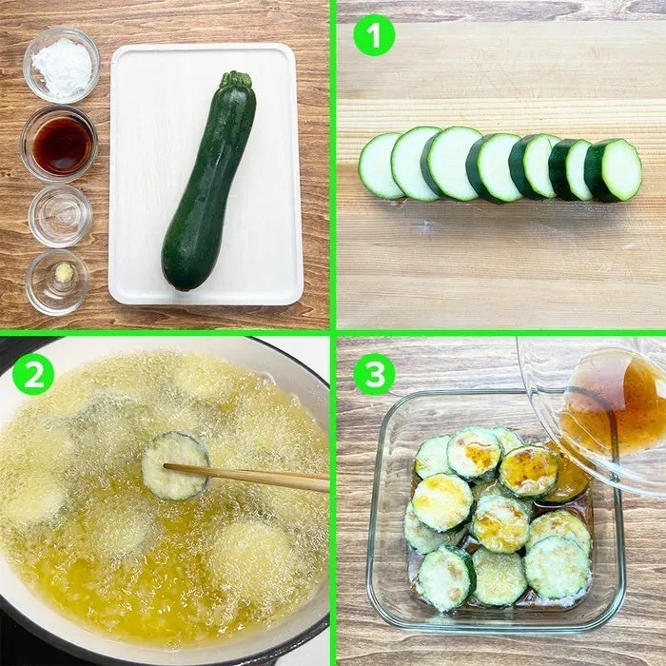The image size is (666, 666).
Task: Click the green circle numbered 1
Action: click(374, 35)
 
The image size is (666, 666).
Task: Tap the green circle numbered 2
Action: click(33, 374)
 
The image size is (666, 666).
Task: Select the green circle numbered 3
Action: click(374, 374)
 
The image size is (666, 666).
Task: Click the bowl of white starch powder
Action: click(62, 65)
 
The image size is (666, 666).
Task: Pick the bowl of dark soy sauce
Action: click(59, 144)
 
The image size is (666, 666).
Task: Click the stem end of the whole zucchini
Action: click(235, 79)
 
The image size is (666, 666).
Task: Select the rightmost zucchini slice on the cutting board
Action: click(614, 169)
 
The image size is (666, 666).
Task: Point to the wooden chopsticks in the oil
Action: click(246, 477)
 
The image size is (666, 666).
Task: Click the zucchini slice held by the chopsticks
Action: click(175, 465)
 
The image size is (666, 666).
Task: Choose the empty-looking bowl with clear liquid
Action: click(60, 216)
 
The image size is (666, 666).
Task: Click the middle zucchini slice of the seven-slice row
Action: click(494, 167)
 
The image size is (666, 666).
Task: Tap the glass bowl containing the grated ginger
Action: click(57, 283)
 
